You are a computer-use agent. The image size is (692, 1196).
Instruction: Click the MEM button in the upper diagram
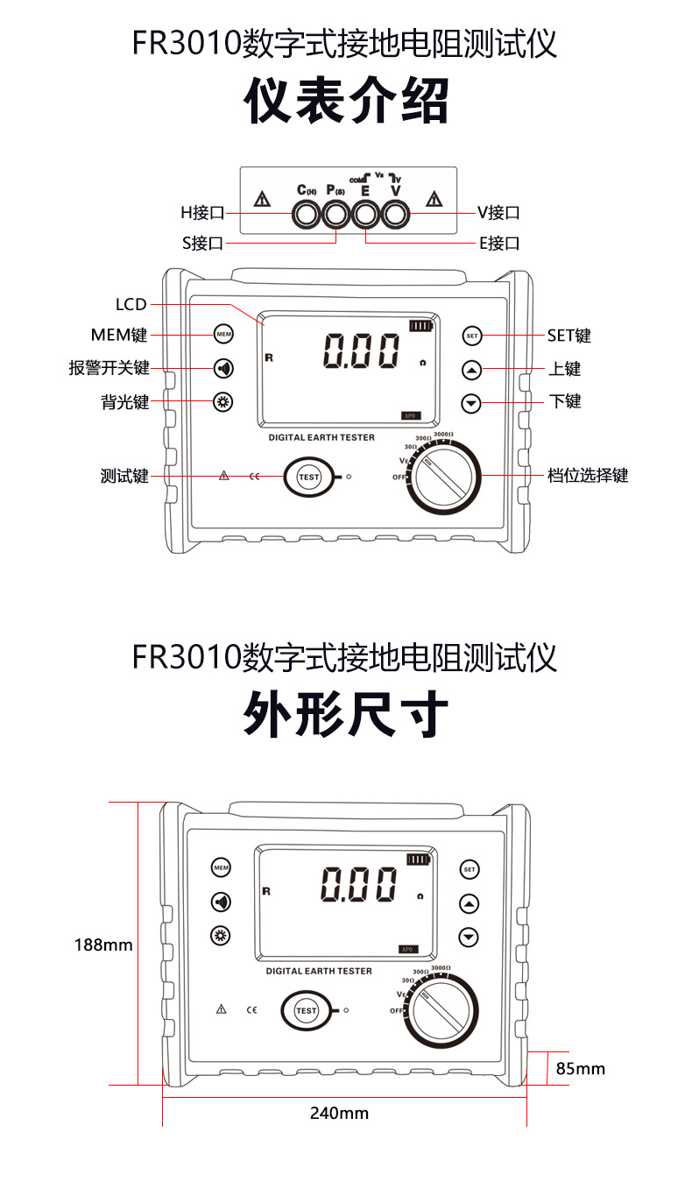223,335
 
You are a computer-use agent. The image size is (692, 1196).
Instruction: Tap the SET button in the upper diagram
472,336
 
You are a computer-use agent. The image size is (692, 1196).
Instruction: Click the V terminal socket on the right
396,213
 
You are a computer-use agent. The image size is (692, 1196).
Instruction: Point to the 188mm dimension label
103,945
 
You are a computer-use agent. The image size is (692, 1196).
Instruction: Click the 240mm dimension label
339,1114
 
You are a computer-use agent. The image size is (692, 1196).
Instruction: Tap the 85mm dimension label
581,1068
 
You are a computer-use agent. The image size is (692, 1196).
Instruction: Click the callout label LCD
131,305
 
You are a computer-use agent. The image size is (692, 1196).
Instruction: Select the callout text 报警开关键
109,369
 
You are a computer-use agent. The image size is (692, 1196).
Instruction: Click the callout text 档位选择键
588,476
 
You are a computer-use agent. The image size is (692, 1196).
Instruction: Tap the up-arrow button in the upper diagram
472,370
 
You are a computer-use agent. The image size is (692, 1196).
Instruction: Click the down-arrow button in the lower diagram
470,937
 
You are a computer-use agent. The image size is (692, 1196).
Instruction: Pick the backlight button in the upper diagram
223,402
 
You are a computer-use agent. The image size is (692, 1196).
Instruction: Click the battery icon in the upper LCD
420,326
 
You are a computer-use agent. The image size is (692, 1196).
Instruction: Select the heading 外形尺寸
346,716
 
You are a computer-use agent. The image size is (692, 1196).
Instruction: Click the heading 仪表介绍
346,101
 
